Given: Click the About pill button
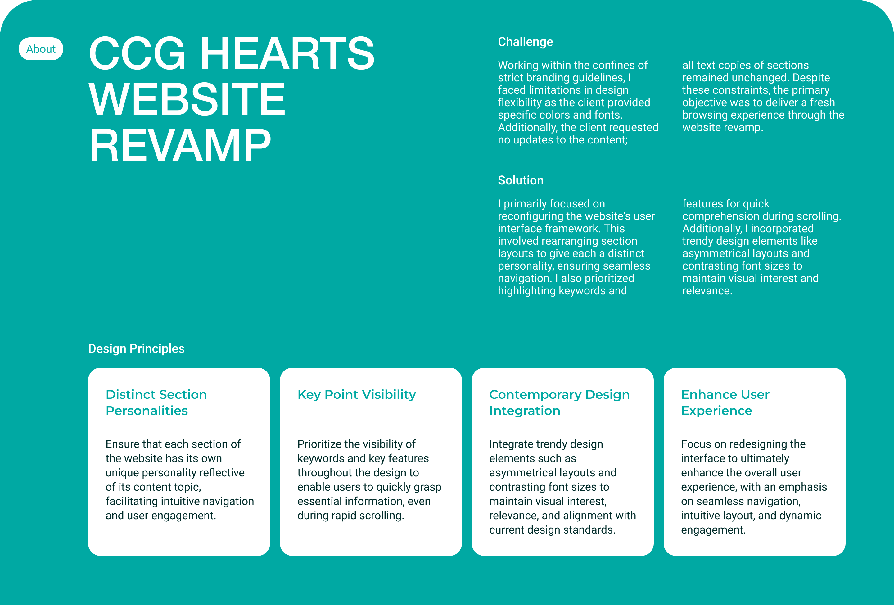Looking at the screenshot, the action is (x=41, y=49).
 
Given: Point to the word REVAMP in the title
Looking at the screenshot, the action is (x=180, y=145).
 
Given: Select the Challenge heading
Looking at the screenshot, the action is (x=525, y=42).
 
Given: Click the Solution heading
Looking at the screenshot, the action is (x=521, y=180).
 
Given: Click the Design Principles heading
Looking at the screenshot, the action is (x=136, y=348).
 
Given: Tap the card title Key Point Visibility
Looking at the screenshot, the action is (x=357, y=394).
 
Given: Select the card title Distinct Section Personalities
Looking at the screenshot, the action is (x=156, y=402).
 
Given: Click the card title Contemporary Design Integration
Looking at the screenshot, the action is (x=559, y=402).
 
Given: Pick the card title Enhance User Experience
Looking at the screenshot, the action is (x=725, y=402).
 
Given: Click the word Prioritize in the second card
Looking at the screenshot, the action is (x=319, y=444).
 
